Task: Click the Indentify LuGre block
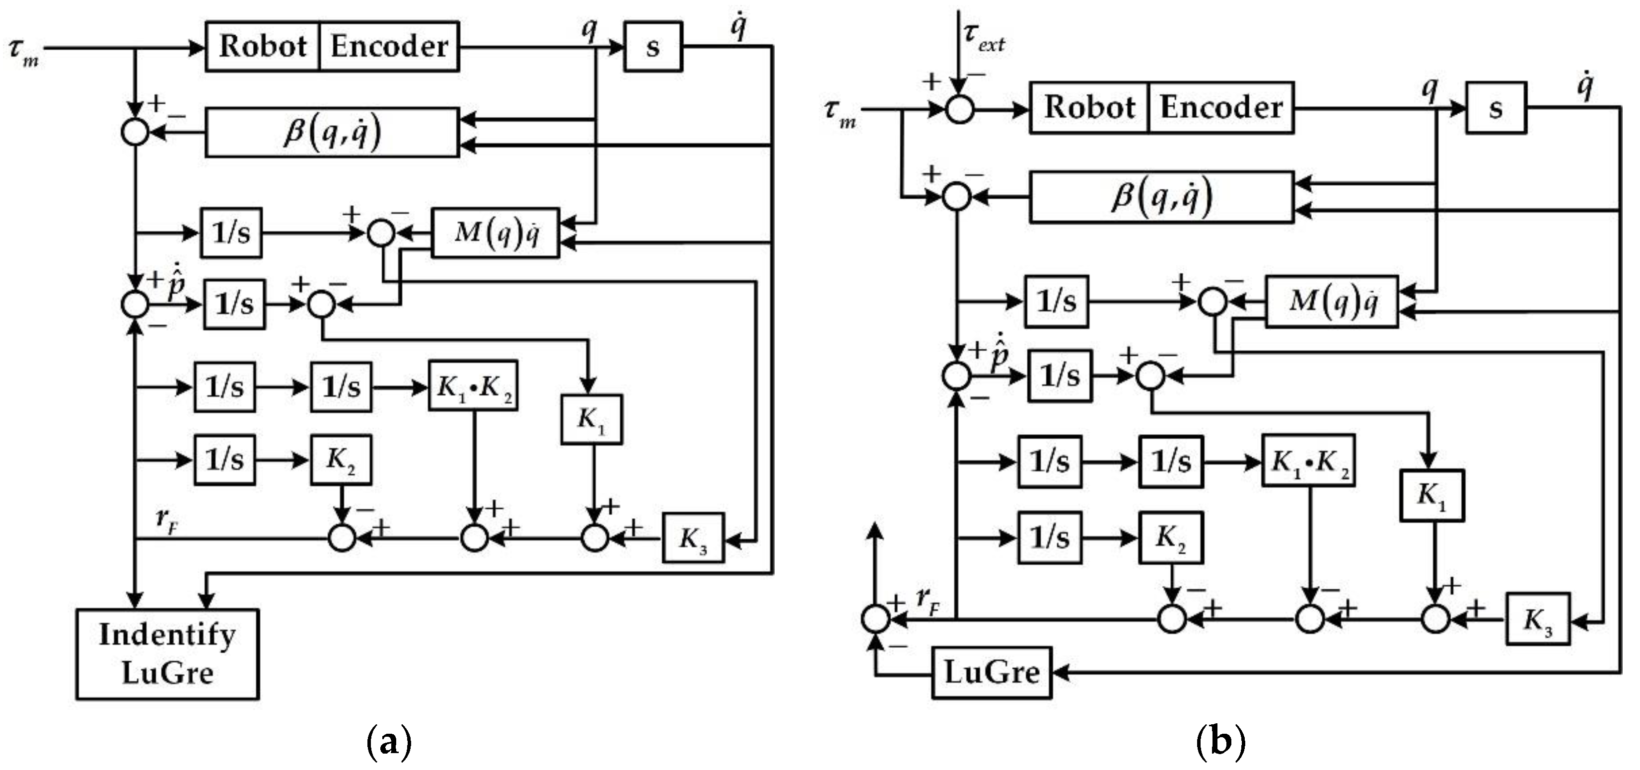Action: pos(167,654)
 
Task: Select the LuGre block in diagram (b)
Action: pos(991,673)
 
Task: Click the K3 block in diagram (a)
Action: pos(693,538)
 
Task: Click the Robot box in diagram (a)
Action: pos(262,47)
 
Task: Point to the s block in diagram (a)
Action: pos(652,47)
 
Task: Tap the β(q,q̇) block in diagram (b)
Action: pos(1161,197)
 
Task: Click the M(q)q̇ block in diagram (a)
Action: pos(496,233)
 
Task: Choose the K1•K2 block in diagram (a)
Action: pos(472,386)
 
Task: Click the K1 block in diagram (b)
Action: pos(1432,495)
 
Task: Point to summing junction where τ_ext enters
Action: pos(959,109)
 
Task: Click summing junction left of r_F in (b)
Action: pos(876,618)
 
